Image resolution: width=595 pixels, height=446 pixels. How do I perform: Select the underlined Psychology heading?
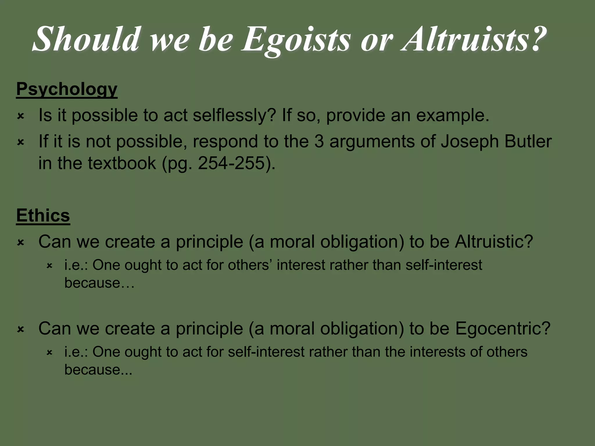tap(67, 89)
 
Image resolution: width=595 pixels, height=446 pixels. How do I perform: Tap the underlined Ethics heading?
tap(43, 215)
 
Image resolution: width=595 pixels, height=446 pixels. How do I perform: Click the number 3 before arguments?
tap(319, 142)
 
